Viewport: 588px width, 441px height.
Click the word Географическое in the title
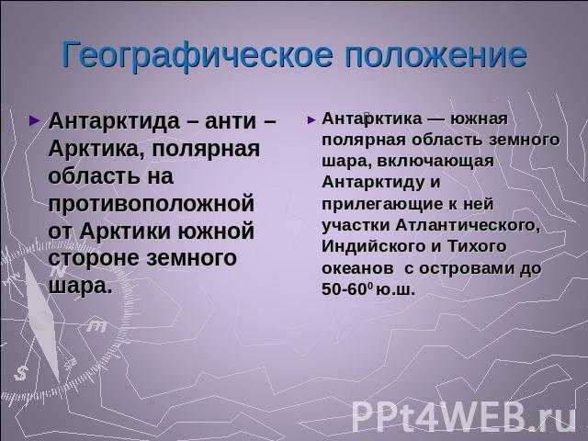click(x=197, y=56)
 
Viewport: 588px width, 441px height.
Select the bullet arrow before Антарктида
click(x=34, y=120)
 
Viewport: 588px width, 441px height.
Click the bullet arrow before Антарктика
click(x=311, y=120)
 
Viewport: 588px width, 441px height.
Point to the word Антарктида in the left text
click(x=114, y=121)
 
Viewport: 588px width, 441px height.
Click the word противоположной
click(x=151, y=204)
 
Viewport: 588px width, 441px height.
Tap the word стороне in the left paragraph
click(x=94, y=258)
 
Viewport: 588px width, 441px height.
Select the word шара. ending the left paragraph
click(x=80, y=286)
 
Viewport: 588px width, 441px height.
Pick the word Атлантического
click(x=468, y=225)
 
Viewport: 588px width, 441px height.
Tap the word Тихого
click(x=477, y=246)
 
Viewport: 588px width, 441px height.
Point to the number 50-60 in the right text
click(x=345, y=289)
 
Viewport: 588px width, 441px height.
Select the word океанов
click(x=357, y=268)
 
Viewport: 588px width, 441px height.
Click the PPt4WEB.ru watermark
click(x=463, y=416)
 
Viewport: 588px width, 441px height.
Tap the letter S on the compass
click(x=21, y=373)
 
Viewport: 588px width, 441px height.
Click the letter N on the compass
click(x=58, y=271)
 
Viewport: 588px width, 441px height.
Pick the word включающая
click(x=435, y=162)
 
